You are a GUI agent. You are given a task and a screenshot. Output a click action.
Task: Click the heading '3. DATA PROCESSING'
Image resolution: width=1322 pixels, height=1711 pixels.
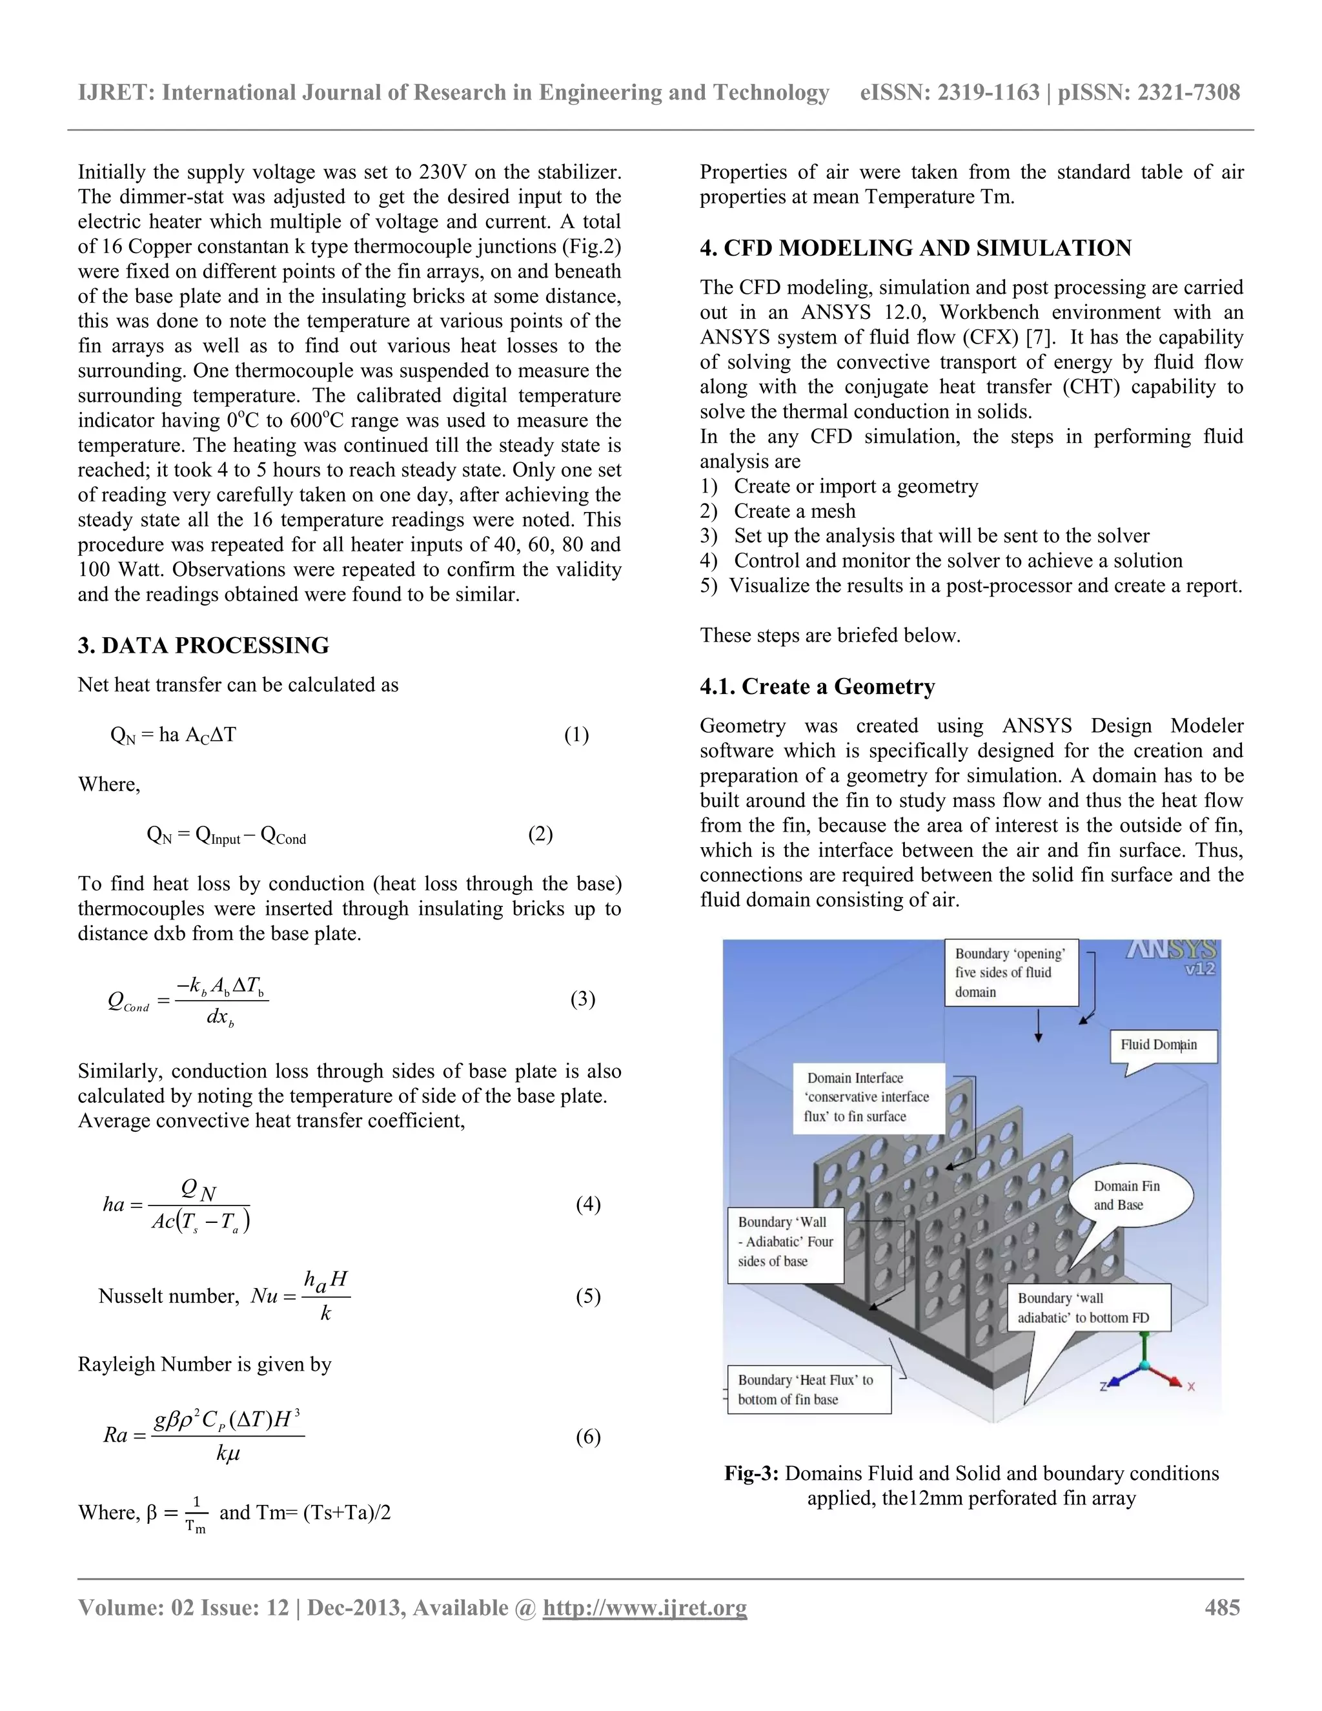click(203, 646)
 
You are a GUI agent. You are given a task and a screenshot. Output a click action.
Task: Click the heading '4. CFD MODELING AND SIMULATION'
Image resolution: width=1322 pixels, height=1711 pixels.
click(915, 249)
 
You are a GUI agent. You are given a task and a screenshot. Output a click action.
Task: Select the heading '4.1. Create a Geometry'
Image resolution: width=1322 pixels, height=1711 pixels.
click(817, 687)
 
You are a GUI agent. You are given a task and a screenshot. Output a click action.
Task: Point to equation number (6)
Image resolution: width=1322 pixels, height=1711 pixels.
click(587, 1436)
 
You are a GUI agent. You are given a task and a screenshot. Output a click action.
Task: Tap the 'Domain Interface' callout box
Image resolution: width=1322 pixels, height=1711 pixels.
click(868, 1098)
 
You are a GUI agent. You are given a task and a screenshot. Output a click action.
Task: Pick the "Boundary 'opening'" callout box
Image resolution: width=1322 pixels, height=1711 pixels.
click(1010, 972)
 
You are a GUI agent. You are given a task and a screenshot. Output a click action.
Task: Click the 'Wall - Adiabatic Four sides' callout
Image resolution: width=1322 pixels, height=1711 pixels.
click(785, 1242)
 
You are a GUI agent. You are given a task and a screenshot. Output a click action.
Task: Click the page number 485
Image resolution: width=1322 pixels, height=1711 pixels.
click(1222, 1608)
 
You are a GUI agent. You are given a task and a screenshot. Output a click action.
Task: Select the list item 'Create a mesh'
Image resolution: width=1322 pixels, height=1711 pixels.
click(794, 511)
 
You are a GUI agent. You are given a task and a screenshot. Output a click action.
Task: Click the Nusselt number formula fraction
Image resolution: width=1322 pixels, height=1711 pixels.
click(325, 1296)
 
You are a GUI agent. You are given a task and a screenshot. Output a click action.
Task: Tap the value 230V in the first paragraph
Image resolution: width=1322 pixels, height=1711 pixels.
click(445, 172)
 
